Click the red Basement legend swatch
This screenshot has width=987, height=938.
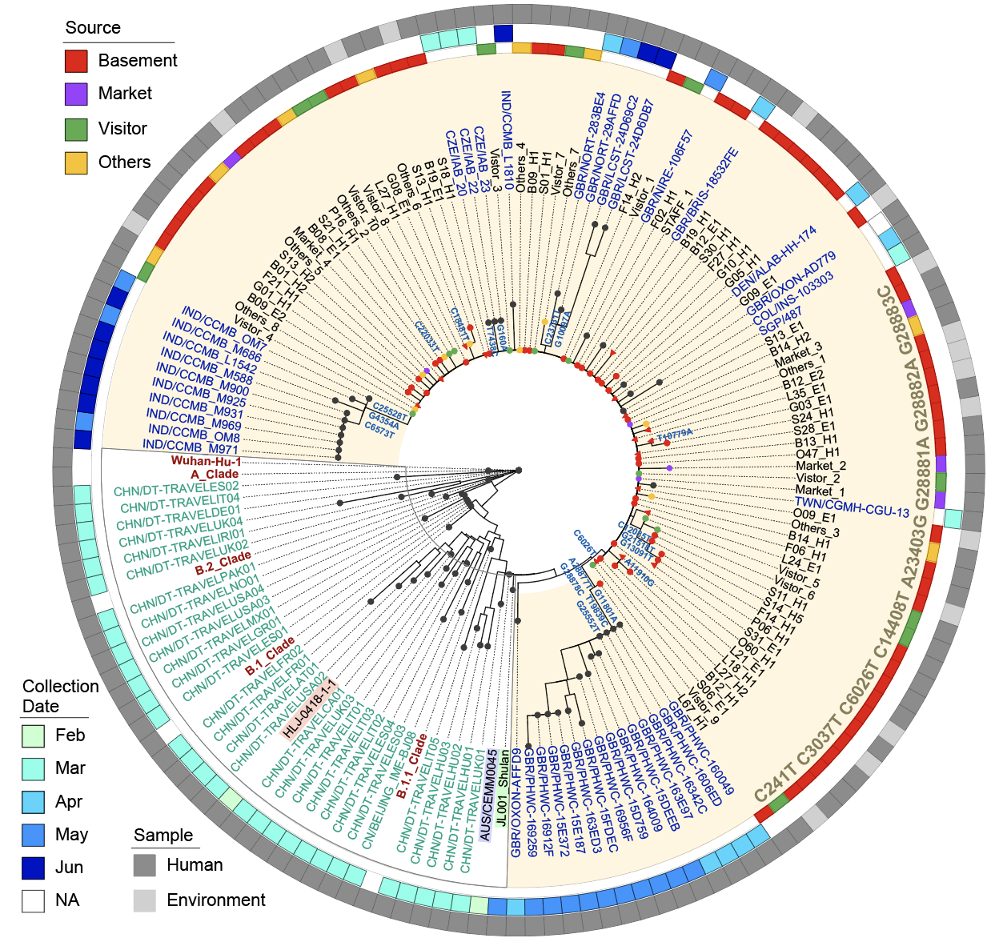tap(76, 61)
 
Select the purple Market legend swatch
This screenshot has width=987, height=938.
tap(76, 94)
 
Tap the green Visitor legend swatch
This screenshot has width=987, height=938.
tap(76, 129)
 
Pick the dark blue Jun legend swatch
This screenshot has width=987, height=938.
tap(33, 868)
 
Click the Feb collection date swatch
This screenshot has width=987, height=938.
tap(33, 736)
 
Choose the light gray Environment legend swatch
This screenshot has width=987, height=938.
tap(145, 900)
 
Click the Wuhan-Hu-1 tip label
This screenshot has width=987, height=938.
tap(206, 462)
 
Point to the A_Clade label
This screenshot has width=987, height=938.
tap(215, 475)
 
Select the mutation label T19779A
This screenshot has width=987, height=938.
tap(674, 435)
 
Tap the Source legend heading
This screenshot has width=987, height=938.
tap(93, 28)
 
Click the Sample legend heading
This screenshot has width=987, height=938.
tap(163, 836)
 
